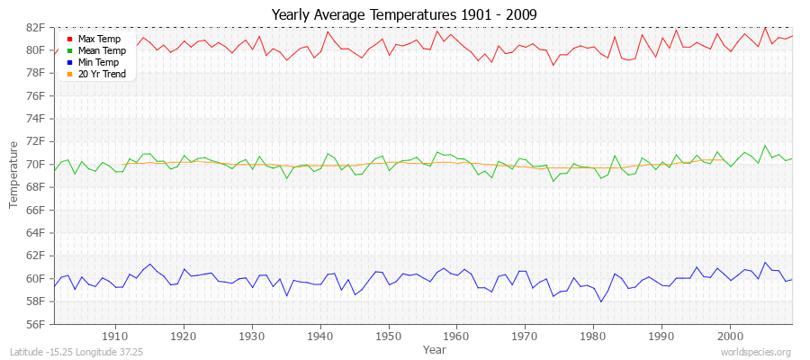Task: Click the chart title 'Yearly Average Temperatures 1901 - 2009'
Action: coord(404,13)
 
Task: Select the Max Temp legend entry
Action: coord(99,40)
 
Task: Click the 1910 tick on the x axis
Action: coord(115,336)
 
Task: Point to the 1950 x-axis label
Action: coord(388,336)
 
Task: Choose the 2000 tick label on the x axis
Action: coord(730,336)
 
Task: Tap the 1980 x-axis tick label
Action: coord(593,336)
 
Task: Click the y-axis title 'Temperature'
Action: coord(14,175)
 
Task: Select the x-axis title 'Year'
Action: coord(434,349)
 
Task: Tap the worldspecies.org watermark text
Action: coord(756,353)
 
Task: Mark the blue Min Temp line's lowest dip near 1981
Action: coord(600,301)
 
